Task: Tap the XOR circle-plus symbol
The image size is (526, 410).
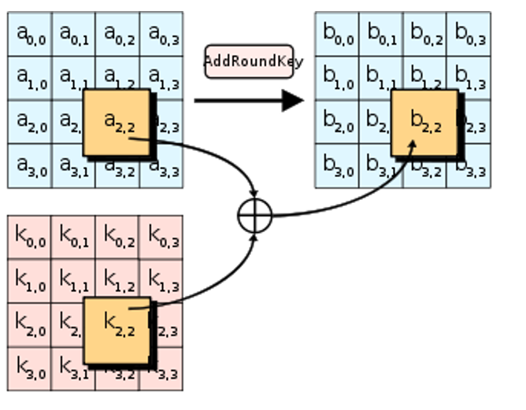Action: point(254,215)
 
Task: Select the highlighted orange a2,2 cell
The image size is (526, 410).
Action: point(117,122)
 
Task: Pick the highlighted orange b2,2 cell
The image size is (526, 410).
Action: point(424,122)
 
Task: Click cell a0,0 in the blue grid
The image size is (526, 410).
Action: point(30,34)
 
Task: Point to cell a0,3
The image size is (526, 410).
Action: point(162,34)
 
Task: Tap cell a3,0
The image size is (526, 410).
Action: point(30,166)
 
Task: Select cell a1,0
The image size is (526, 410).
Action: point(30,78)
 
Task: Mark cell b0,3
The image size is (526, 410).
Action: point(469,34)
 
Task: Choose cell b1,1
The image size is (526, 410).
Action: point(382,78)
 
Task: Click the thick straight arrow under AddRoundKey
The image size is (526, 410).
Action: point(248,100)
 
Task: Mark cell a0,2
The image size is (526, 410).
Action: point(118,34)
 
